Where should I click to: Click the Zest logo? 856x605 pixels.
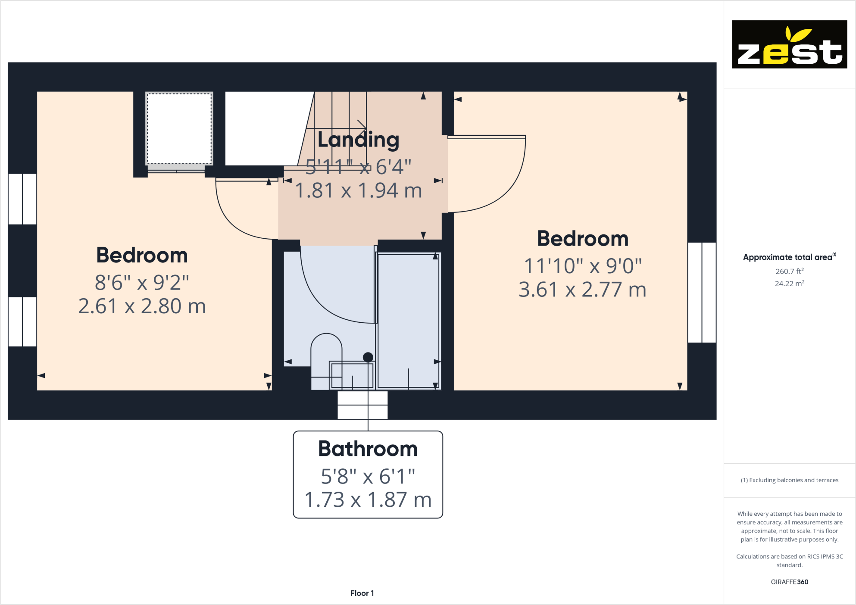point(789,44)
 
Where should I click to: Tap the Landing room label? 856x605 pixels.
point(358,140)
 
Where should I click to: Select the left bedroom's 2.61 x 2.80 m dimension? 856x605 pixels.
point(142,306)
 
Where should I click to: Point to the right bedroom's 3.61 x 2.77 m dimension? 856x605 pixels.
point(582,290)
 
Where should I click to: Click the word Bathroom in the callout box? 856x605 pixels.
point(368,449)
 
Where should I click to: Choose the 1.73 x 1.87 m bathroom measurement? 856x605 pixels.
point(368,500)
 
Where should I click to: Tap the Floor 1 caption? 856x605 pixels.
point(362,593)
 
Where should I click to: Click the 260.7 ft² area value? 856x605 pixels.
point(789,271)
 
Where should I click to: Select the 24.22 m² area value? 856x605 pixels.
point(789,284)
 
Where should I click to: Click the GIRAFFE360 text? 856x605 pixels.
point(789,582)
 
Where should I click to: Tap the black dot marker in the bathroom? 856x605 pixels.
point(368,357)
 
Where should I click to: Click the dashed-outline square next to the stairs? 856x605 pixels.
point(179,128)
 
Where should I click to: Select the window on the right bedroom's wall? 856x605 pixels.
point(702,293)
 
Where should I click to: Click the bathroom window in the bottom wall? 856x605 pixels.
point(362,405)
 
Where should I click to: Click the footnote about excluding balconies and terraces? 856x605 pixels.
point(789,480)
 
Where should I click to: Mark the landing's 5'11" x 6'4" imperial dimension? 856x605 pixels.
point(358,167)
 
